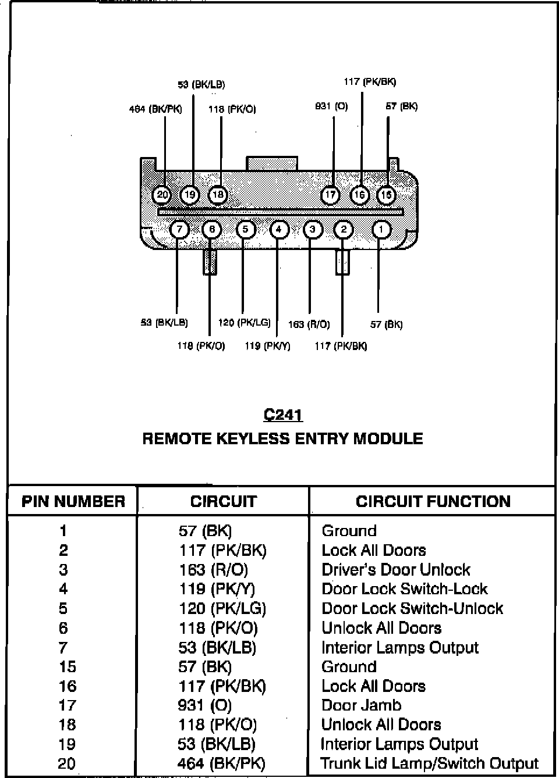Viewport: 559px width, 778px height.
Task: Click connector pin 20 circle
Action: (x=162, y=195)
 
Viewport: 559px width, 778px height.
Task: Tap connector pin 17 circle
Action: (x=330, y=195)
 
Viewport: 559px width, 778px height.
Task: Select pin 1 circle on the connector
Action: (x=381, y=230)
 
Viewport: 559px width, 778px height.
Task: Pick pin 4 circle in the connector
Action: (x=279, y=230)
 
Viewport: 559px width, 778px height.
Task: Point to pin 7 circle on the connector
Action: (x=180, y=230)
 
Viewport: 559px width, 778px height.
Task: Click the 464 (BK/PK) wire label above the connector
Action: (x=155, y=109)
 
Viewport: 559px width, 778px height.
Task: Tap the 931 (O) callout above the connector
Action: (x=331, y=106)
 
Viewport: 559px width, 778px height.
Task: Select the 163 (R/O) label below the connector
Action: (x=309, y=324)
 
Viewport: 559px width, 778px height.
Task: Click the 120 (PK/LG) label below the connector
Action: (x=245, y=323)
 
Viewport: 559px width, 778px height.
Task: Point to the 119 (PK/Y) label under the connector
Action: (x=267, y=346)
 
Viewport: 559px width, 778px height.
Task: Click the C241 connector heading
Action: (x=282, y=415)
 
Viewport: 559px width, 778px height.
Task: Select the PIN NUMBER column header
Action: (x=73, y=502)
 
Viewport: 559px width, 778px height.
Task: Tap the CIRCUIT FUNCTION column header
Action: (x=433, y=502)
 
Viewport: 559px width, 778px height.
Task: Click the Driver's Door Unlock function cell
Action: (x=396, y=570)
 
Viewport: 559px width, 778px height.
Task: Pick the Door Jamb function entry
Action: (x=362, y=705)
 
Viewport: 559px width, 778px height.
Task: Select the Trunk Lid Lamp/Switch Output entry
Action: (x=430, y=763)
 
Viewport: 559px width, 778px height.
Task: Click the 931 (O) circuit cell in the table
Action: (x=205, y=705)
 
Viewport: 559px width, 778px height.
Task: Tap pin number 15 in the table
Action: (x=68, y=667)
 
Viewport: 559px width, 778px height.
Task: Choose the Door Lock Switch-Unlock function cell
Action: (x=412, y=608)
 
